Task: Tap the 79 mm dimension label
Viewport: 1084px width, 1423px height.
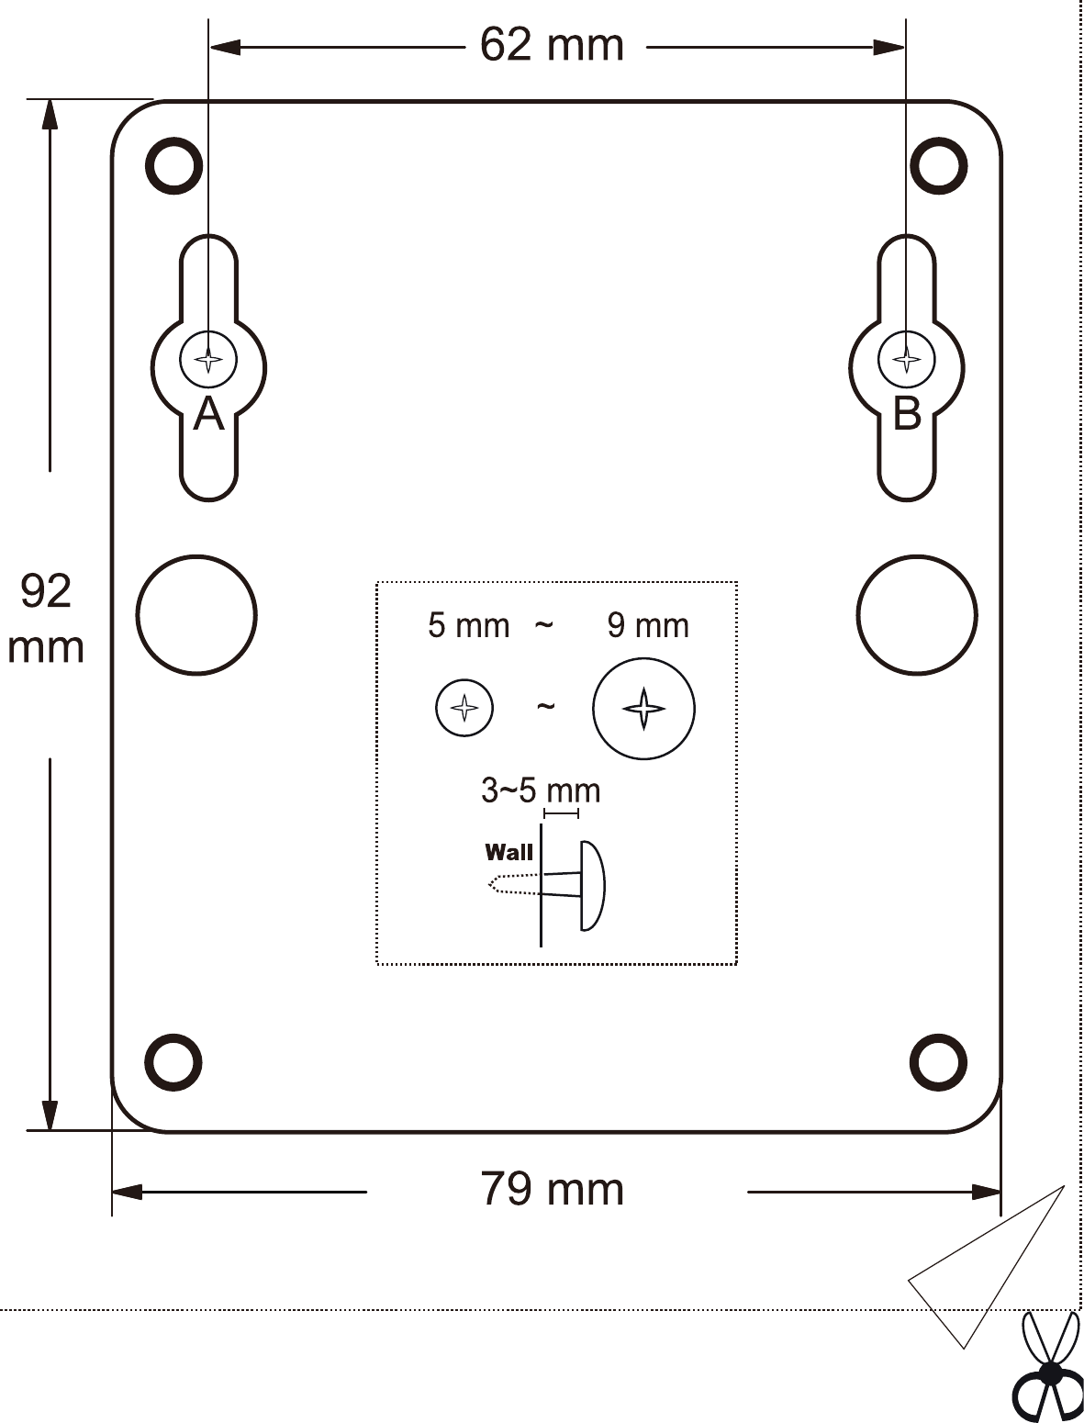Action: click(552, 1190)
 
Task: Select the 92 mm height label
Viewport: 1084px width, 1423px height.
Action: click(45, 619)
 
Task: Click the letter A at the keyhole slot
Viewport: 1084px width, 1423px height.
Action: click(208, 414)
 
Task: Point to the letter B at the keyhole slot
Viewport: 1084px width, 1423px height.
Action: click(907, 414)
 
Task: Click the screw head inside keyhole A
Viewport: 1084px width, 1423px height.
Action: click(208, 359)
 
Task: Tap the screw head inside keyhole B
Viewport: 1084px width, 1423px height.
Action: click(907, 359)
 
